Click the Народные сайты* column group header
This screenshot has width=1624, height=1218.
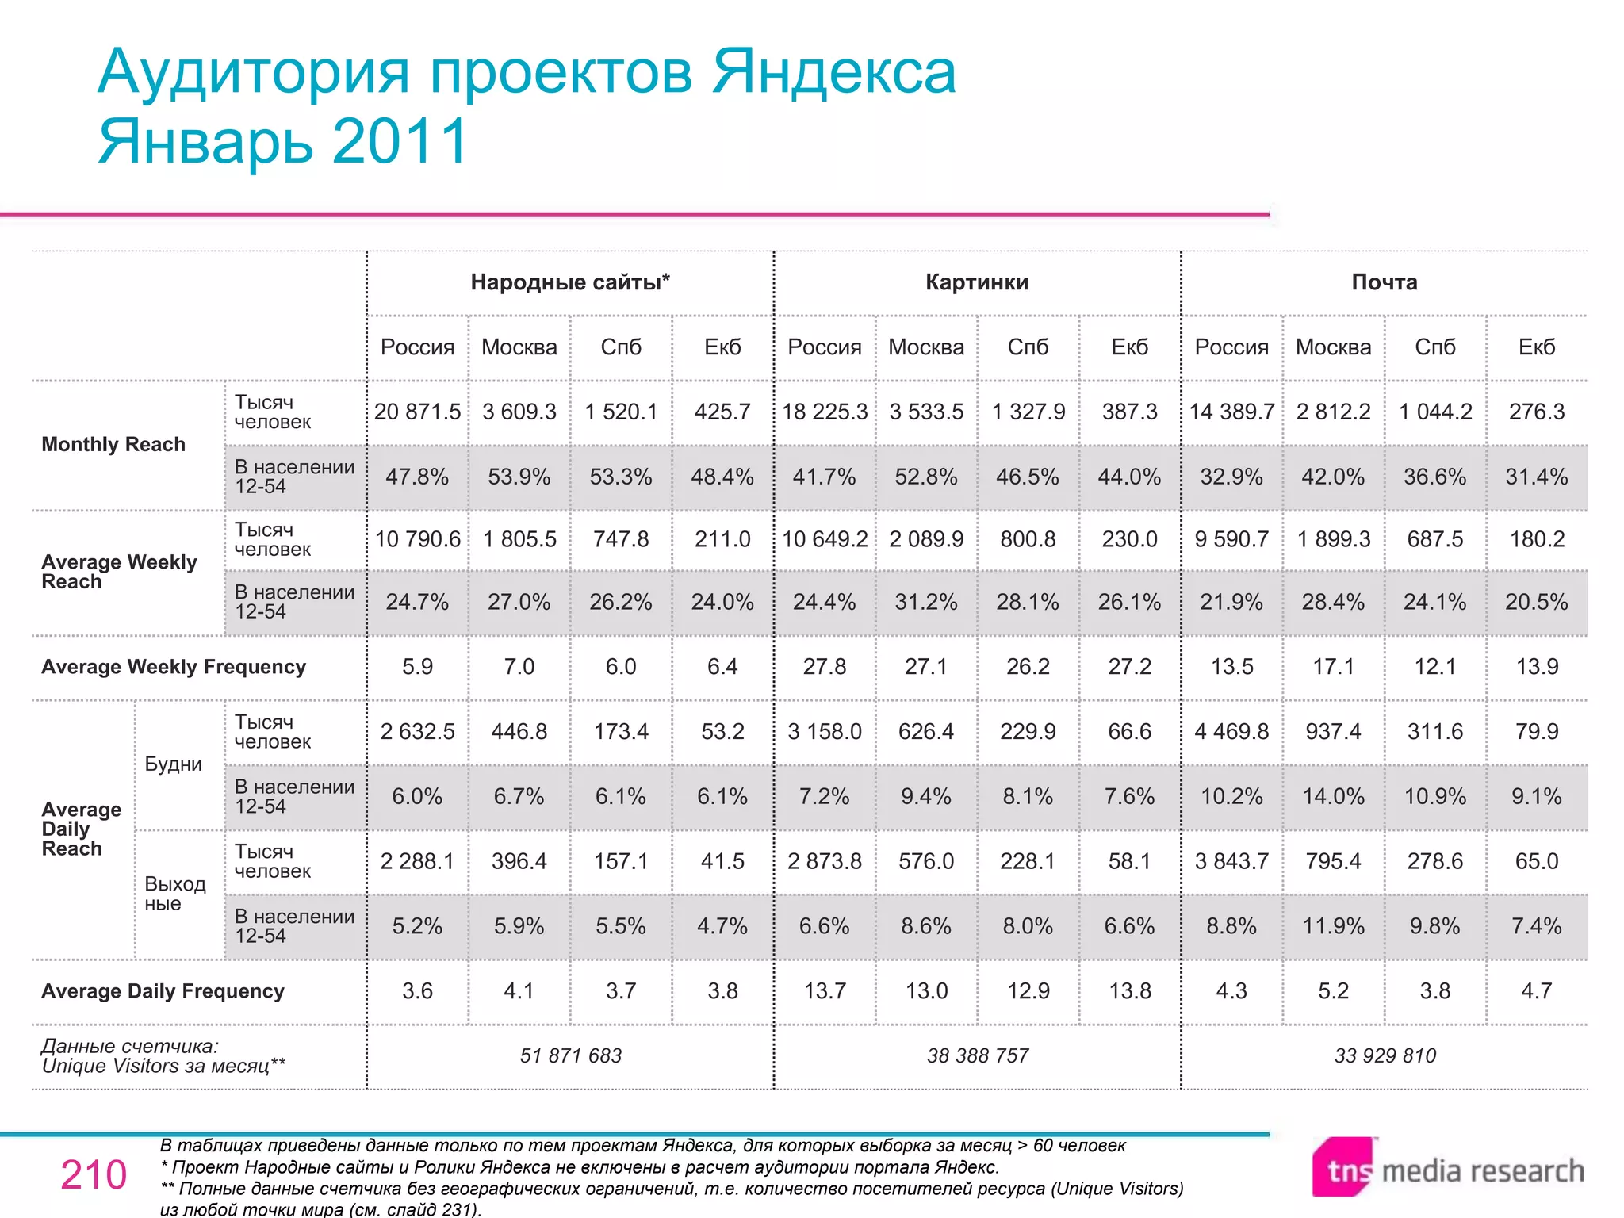point(570,282)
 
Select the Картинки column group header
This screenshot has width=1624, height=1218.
point(977,282)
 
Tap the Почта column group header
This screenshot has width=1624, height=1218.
point(1385,282)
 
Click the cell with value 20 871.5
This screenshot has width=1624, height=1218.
point(417,412)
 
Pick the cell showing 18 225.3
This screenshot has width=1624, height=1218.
point(825,412)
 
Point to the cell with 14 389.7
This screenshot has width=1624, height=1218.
point(1231,412)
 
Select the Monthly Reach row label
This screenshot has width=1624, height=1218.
point(113,444)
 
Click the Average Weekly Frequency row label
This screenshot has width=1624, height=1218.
point(174,667)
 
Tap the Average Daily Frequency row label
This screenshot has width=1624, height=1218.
point(163,991)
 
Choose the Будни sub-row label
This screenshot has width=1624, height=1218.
point(174,764)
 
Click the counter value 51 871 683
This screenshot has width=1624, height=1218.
point(570,1055)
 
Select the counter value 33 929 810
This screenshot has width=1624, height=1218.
point(1385,1055)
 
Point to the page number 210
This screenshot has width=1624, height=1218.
point(94,1174)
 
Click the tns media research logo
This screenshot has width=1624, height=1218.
point(1447,1169)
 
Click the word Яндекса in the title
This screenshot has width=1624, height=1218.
point(833,71)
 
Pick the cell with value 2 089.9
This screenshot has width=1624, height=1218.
point(926,539)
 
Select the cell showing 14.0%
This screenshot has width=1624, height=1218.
point(1333,796)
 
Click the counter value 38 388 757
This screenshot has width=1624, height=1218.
point(977,1055)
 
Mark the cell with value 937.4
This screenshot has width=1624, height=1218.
point(1333,731)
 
